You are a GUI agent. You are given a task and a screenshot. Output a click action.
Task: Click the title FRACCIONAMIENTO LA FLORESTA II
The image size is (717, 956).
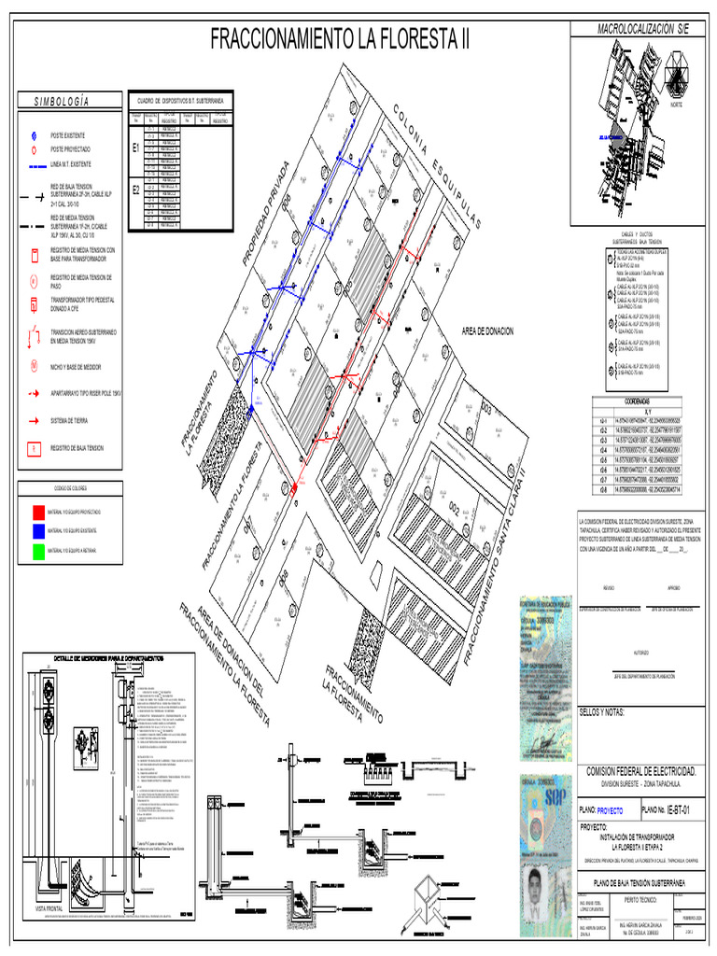pyautogui.click(x=340, y=40)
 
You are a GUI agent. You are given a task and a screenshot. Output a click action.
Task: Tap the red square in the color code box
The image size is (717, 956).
pyautogui.click(x=38, y=513)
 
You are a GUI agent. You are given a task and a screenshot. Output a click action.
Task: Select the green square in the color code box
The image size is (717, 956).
pyautogui.click(x=38, y=550)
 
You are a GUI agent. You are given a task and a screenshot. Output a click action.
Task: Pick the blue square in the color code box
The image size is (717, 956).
pyautogui.click(x=38, y=531)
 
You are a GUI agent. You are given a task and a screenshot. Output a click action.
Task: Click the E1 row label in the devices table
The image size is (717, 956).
pyautogui.click(x=136, y=148)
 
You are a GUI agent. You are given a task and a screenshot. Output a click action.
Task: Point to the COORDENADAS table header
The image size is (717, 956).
pyautogui.click(x=643, y=401)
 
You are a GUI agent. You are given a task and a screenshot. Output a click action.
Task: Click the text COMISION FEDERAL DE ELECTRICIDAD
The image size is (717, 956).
pyautogui.click(x=640, y=771)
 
